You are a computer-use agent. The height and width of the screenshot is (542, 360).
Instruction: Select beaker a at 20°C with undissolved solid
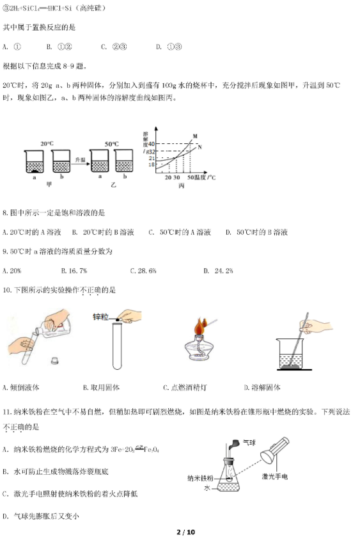coord(34,162)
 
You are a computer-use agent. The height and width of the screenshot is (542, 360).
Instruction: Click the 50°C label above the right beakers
coord(110,144)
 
